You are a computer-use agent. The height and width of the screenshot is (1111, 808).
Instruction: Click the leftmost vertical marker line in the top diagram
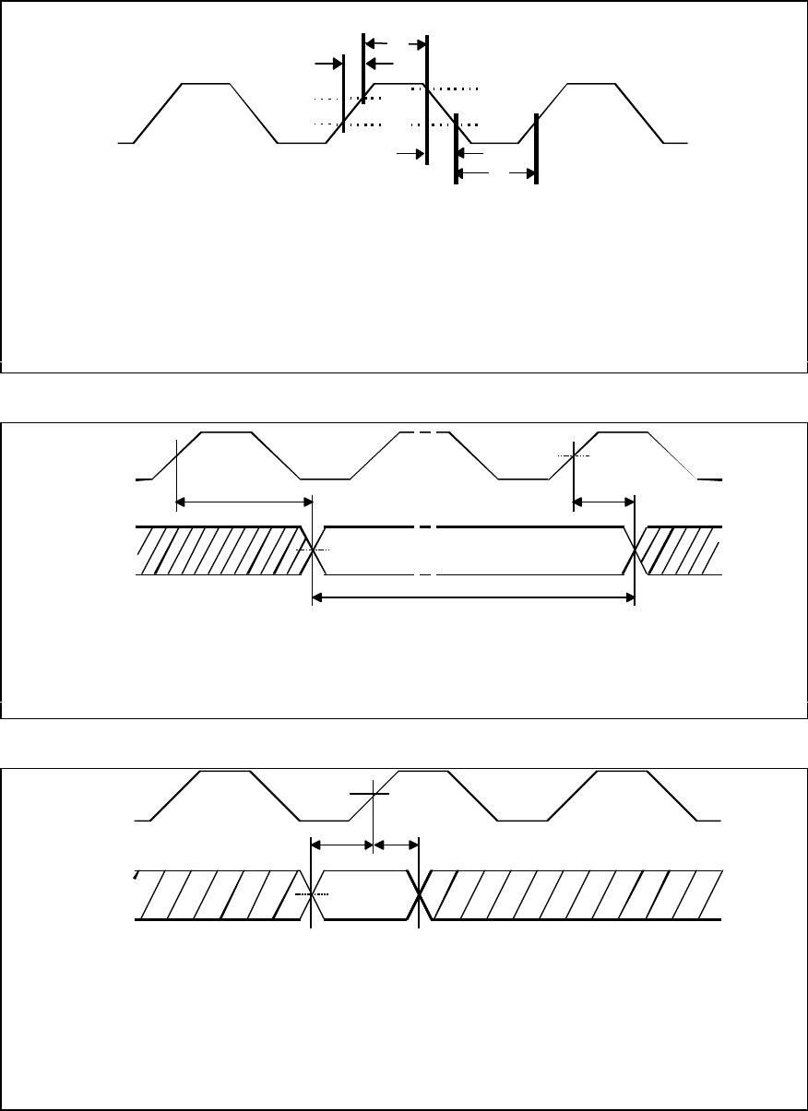pyautogui.click(x=343, y=92)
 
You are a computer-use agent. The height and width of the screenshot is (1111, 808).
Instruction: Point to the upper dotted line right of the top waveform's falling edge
pyautogui.click(x=452, y=89)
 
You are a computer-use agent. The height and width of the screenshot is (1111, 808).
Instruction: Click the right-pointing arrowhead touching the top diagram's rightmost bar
pyautogui.click(x=529, y=172)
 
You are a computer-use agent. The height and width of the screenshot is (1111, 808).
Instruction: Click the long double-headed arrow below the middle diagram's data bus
pyautogui.click(x=474, y=598)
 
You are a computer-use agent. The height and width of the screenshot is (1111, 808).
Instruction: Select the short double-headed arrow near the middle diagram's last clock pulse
pyautogui.click(x=603, y=502)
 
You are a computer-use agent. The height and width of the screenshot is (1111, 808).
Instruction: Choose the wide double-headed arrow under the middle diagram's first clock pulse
pyautogui.click(x=244, y=502)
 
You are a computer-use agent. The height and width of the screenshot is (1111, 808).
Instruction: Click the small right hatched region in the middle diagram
pyautogui.click(x=683, y=550)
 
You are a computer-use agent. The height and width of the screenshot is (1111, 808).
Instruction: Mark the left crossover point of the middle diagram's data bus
pyautogui.click(x=314, y=550)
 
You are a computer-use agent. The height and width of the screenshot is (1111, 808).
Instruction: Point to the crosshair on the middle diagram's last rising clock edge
pyautogui.click(x=573, y=455)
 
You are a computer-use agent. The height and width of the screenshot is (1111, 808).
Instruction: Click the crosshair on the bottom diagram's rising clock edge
pyautogui.click(x=372, y=793)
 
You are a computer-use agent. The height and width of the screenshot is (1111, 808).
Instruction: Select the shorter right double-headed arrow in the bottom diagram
pyautogui.click(x=396, y=843)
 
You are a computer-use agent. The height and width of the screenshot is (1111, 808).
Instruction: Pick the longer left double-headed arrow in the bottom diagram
pyautogui.click(x=341, y=843)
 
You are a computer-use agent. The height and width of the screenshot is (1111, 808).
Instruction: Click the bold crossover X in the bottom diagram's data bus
pyautogui.click(x=421, y=894)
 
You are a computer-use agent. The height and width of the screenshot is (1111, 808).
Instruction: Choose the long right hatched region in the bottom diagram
pyautogui.click(x=572, y=894)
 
